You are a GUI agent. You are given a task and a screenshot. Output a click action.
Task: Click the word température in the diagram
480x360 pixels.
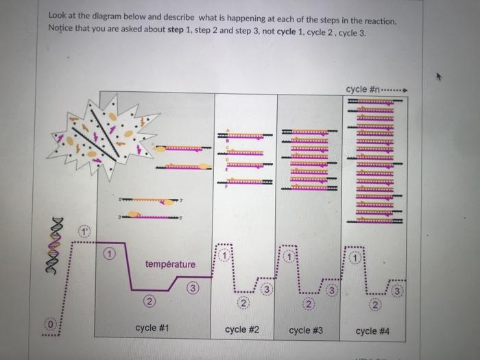[170, 264]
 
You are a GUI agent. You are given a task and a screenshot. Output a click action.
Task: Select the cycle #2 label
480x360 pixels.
[242, 329]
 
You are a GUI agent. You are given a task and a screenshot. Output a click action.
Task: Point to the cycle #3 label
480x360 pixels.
[306, 330]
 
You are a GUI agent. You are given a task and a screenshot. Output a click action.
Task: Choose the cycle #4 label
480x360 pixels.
[373, 331]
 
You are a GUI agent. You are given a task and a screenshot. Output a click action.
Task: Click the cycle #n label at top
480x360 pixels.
[363, 89]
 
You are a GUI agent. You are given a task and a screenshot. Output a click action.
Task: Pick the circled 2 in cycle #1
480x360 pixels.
[148, 302]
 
